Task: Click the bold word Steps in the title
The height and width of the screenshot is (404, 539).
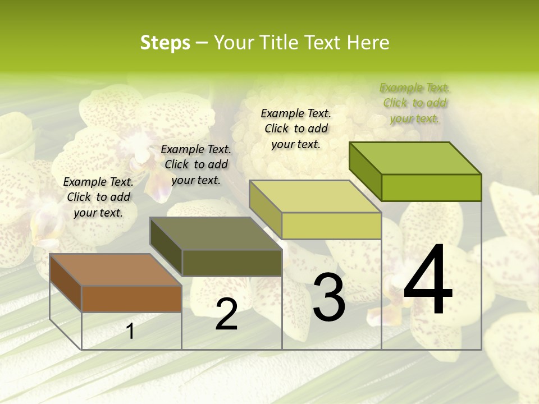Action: coord(165,43)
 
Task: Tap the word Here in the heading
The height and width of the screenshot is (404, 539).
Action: coord(368,43)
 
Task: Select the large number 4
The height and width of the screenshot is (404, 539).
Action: coord(428,280)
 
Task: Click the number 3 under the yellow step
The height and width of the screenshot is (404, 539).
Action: coord(329,297)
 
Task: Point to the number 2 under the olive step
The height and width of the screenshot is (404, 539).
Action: coord(226,314)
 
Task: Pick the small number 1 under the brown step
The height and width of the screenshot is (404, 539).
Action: coord(130,331)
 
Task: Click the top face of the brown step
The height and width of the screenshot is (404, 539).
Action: coord(116,270)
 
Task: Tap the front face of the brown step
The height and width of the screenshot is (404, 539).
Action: coord(131,299)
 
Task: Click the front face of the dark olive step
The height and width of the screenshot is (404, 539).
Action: coord(232,263)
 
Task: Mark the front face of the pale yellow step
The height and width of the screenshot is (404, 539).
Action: coord(331,226)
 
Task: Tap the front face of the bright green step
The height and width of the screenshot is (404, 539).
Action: coord(431,187)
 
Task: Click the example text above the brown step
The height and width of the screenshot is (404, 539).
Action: coord(98,197)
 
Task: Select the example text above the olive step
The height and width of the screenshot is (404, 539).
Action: coord(196,164)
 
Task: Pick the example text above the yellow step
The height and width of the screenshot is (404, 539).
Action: coord(296,128)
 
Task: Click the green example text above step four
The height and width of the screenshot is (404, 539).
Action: coord(415,103)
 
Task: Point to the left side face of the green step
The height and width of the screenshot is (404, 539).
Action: coord(365,171)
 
